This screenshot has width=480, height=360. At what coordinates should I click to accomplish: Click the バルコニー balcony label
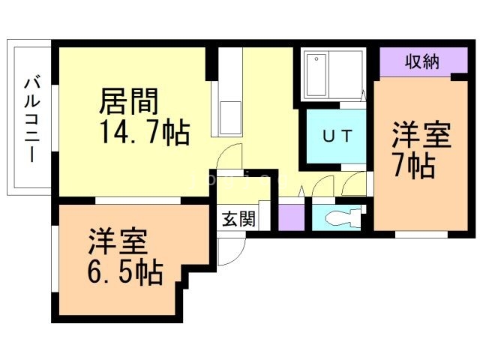click(32, 120)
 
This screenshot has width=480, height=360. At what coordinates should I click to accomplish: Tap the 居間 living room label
click(129, 101)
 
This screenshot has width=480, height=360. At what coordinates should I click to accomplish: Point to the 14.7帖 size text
click(145, 132)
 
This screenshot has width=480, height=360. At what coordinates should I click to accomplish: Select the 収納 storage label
click(422, 61)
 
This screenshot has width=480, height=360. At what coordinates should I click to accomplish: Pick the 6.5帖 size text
click(125, 271)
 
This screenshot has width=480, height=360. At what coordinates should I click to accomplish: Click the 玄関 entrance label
click(238, 219)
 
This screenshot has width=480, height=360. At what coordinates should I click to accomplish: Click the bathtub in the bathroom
click(316, 75)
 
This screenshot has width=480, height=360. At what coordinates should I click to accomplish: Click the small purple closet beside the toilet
click(291, 217)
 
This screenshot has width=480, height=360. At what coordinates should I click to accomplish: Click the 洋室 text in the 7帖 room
click(421, 135)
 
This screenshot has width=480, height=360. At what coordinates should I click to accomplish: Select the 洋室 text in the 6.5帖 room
click(118, 241)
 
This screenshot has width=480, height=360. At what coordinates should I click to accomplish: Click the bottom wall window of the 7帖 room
click(421, 235)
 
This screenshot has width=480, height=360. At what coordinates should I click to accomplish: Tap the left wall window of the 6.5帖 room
click(55, 259)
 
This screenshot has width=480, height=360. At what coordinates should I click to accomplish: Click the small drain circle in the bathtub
click(316, 58)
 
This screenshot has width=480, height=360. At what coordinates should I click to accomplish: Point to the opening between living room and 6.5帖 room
click(138, 200)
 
